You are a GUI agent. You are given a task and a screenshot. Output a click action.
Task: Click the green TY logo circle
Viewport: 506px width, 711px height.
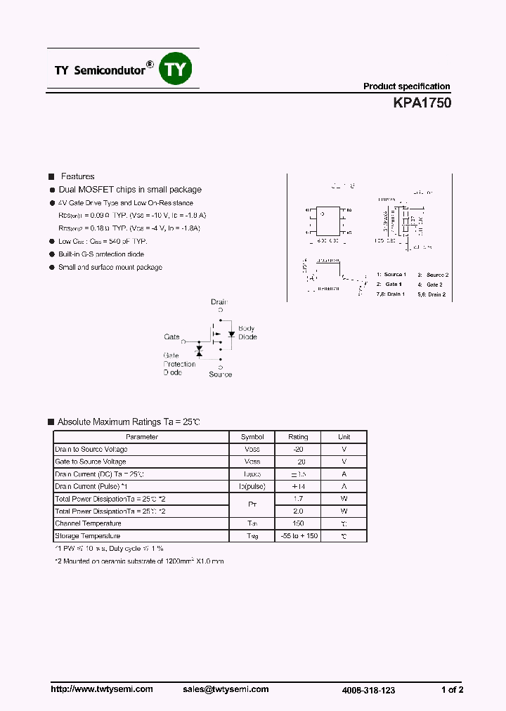click(176, 69)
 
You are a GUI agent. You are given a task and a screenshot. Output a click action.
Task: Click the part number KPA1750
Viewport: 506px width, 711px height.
click(422, 103)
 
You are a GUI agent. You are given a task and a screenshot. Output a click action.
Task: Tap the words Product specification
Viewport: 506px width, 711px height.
click(406, 86)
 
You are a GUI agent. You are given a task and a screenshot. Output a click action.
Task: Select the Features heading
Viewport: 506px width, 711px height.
click(77, 176)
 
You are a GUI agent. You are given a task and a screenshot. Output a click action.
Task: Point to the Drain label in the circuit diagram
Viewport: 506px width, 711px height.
click(219, 301)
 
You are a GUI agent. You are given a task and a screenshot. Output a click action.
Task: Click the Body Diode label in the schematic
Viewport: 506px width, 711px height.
click(247, 332)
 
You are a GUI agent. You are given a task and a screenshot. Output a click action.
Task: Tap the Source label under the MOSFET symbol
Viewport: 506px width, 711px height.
click(220, 374)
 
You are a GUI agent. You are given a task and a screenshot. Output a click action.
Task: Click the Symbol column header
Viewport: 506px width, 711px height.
click(252, 437)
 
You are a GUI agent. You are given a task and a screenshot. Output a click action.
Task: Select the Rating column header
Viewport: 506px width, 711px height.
click(298, 437)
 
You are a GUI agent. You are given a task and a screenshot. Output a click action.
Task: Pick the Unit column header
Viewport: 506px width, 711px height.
click(344, 437)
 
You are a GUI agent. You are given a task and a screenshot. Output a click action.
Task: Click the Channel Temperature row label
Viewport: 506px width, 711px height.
click(88, 523)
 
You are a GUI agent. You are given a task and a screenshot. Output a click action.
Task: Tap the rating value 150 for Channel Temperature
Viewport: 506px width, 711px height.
click(298, 523)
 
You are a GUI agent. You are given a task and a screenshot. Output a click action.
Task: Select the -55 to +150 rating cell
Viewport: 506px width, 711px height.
click(298, 536)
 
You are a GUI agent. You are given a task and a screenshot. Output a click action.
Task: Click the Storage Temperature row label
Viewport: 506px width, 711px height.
click(88, 536)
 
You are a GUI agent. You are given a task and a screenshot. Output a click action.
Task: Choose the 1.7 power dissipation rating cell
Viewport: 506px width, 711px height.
click(298, 499)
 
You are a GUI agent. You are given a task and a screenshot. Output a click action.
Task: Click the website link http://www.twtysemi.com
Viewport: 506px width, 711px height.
click(102, 689)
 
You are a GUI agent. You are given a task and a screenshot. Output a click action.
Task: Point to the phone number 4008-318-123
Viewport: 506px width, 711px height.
click(368, 690)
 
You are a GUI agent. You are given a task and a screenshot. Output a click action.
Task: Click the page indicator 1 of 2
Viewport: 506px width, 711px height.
click(452, 689)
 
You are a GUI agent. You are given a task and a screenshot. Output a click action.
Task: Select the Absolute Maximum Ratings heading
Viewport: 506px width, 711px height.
click(129, 422)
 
